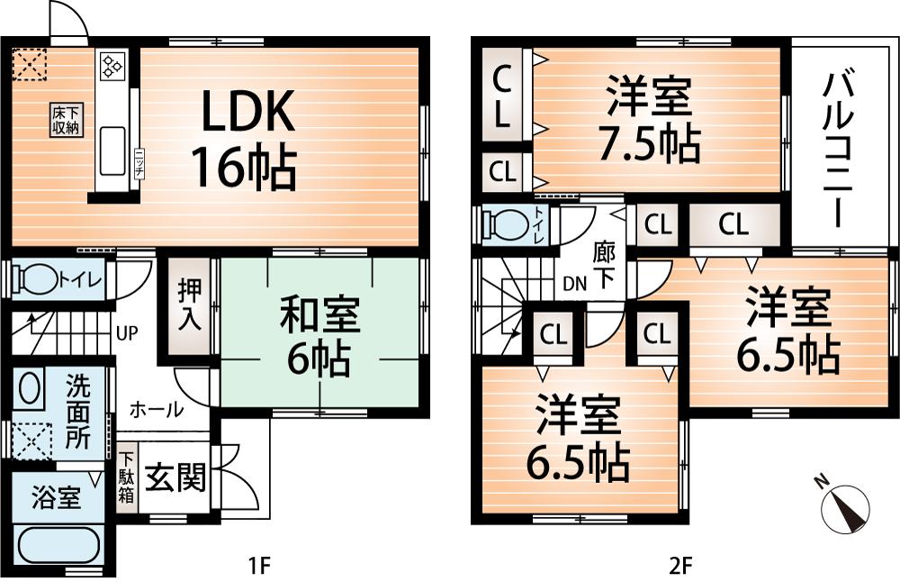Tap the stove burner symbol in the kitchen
[x=113, y=64]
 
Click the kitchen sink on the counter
[x=113, y=149]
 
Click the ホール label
[x=157, y=409]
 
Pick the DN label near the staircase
[x=573, y=283]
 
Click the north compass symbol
[x=846, y=505]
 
